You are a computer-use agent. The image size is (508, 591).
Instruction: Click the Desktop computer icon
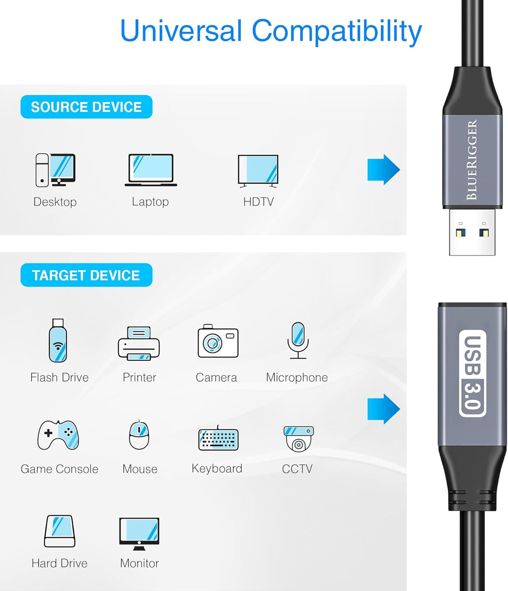[55, 170]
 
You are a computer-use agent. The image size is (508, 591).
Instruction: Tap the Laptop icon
[151, 170]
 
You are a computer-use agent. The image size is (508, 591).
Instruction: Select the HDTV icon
[258, 170]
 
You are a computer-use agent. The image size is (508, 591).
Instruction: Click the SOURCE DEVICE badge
[86, 107]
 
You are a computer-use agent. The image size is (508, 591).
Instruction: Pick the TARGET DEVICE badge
[86, 275]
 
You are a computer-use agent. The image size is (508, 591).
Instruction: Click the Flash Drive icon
[58, 341]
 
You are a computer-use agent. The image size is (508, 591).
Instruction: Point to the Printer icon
[139, 343]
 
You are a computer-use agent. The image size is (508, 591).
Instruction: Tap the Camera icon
[217, 341]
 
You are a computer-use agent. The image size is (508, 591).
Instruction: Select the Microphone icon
[298, 340]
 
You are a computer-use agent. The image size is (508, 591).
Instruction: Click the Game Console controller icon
[58, 435]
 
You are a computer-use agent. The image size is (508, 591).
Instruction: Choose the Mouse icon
[139, 435]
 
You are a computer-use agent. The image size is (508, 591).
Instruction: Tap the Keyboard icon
[218, 438]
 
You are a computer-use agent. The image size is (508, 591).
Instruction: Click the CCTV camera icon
[298, 438]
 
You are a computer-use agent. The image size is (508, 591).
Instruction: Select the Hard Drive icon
[59, 531]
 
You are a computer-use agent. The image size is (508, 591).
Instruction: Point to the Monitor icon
[139, 533]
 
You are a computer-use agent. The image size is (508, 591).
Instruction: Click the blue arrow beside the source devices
[383, 169]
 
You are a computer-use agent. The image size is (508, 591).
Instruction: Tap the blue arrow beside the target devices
[383, 409]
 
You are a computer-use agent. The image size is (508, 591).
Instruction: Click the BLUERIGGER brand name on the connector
[472, 160]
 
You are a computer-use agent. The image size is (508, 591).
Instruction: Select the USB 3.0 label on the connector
[472, 373]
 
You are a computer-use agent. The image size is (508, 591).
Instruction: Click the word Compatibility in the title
[337, 31]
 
